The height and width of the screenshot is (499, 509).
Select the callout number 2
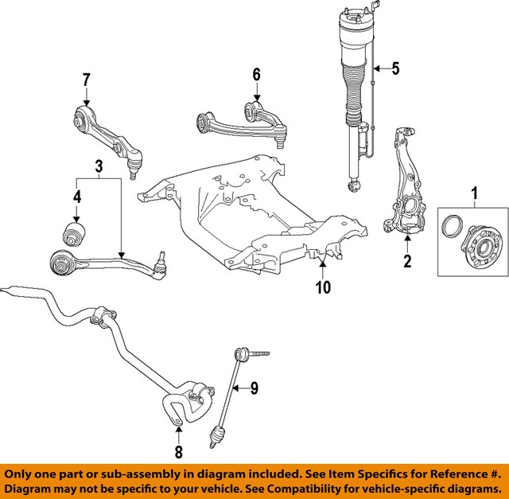(406, 261)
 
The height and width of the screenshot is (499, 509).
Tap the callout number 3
(99, 166)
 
